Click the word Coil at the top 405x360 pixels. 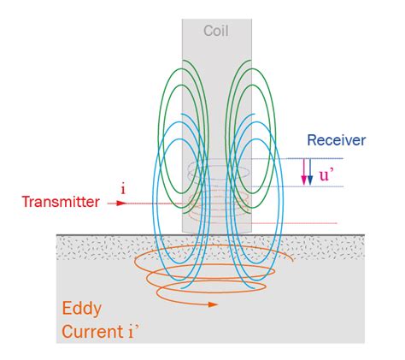tap(215, 32)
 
